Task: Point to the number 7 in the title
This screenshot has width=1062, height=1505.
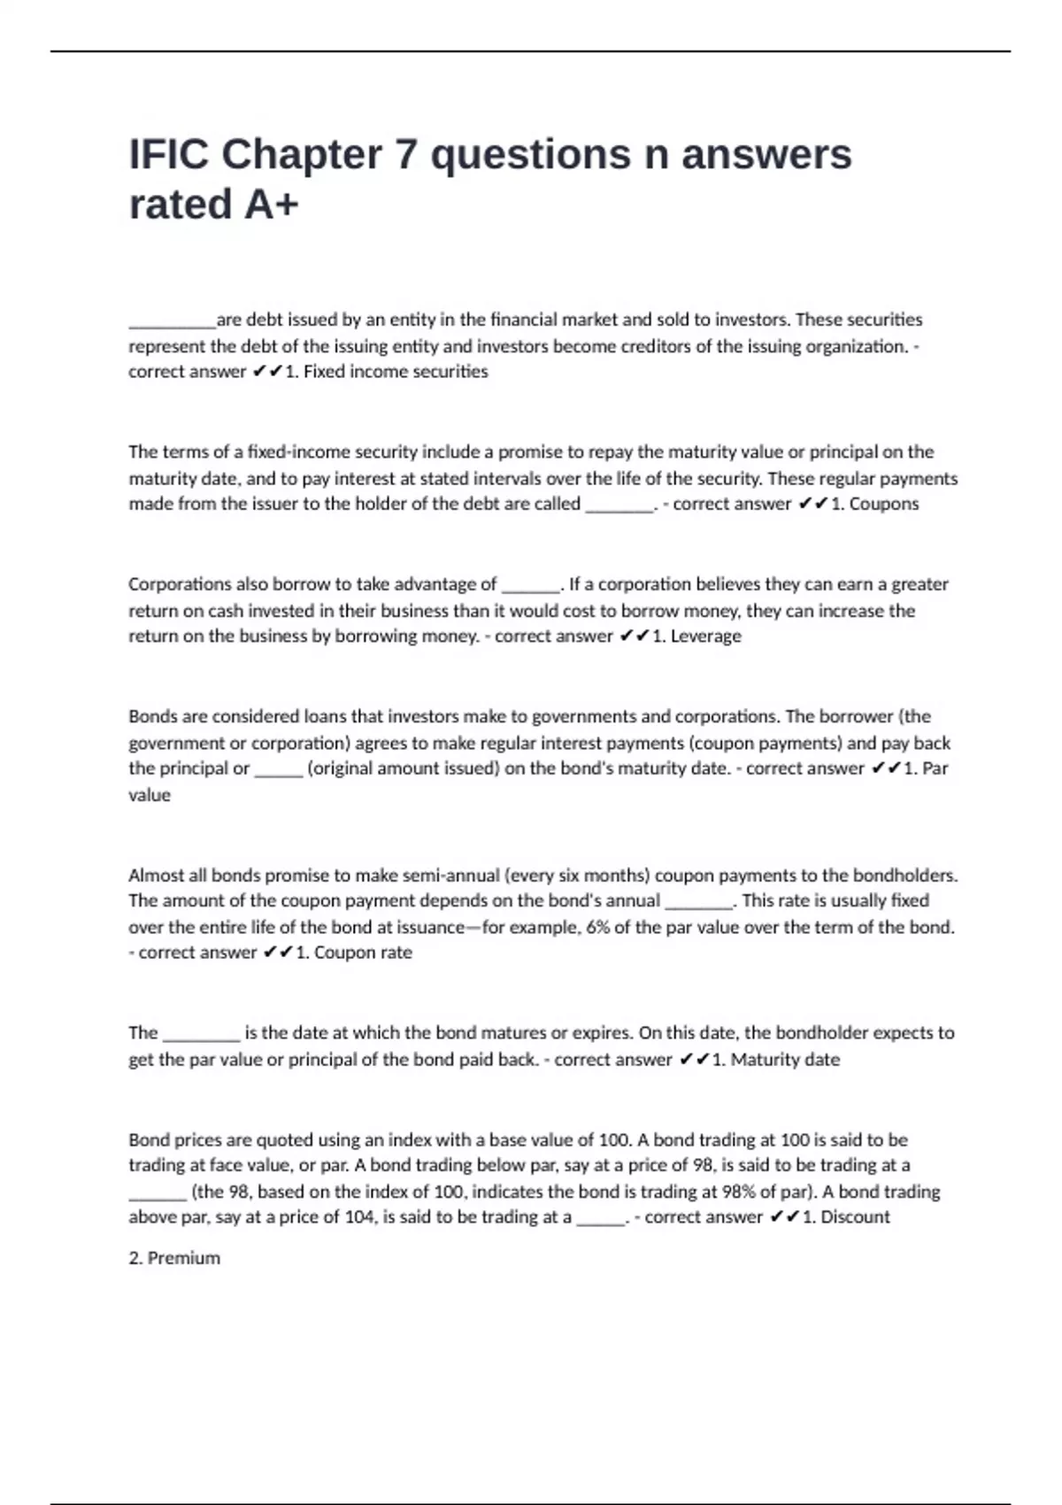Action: (405, 155)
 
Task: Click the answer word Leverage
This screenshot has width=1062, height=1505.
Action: (705, 636)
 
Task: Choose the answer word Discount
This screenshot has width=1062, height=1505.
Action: (855, 1216)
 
